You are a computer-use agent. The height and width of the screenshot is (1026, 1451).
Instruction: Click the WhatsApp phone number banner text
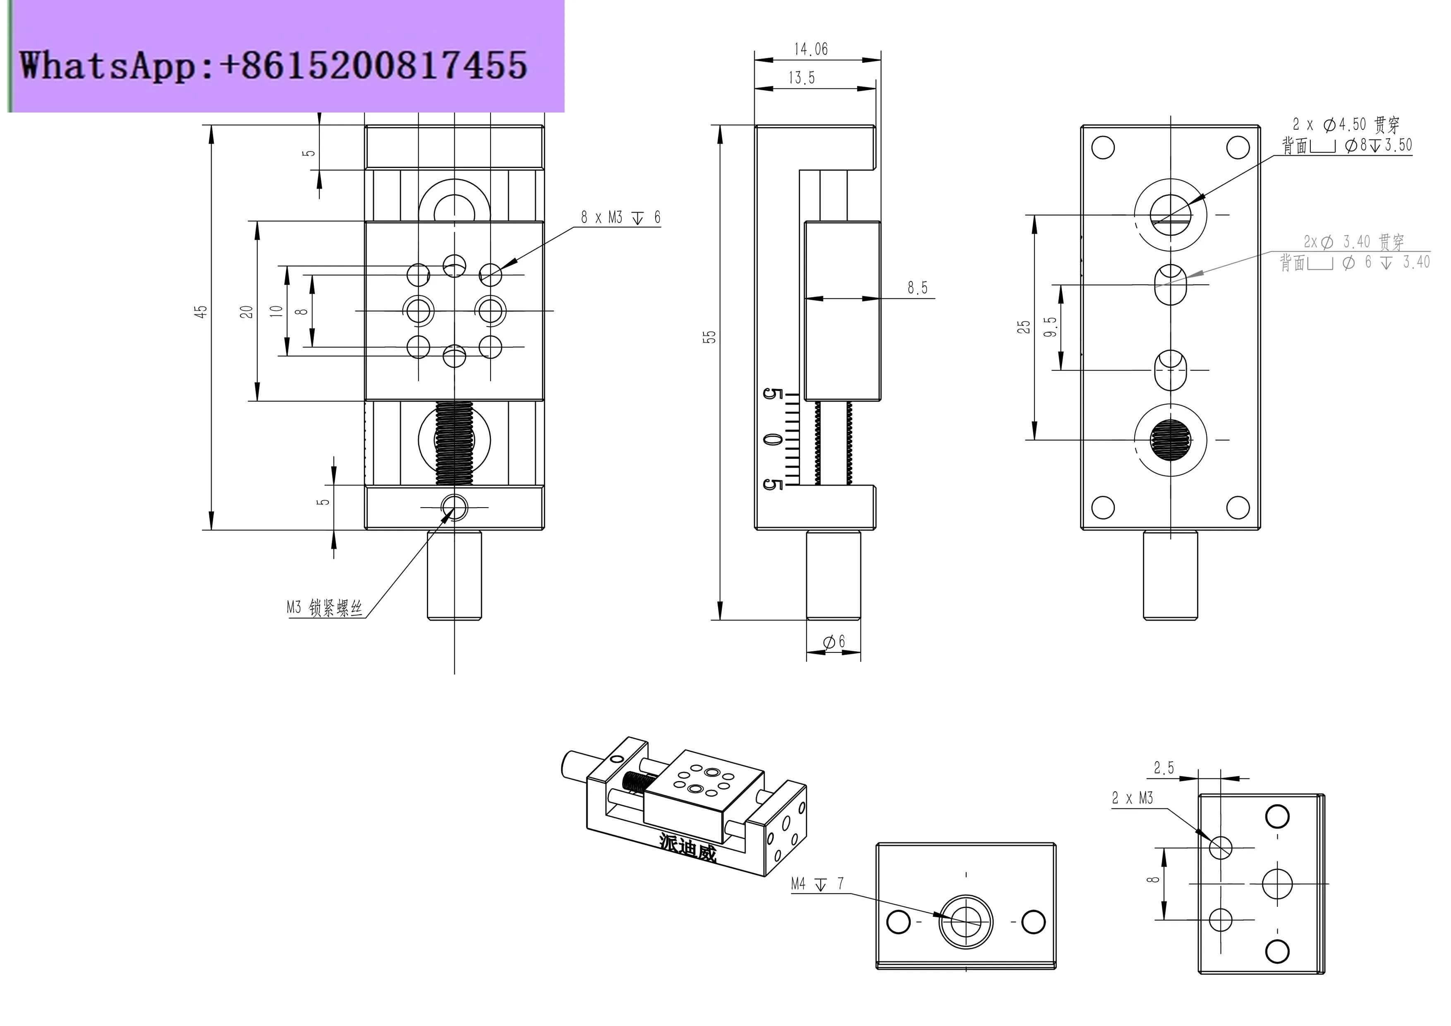click(x=273, y=65)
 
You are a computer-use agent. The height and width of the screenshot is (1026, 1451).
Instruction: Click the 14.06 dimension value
click(x=810, y=49)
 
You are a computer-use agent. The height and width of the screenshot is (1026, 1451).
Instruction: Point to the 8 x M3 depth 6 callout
click(x=620, y=218)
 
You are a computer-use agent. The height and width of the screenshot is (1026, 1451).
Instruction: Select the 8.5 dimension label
click(x=917, y=288)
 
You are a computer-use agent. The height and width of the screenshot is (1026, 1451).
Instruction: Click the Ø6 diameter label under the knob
click(x=833, y=642)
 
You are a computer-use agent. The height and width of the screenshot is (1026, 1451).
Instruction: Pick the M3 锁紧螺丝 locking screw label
click(x=324, y=608)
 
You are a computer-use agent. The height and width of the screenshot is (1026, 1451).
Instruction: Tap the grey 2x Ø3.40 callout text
click(x=1354, y=242)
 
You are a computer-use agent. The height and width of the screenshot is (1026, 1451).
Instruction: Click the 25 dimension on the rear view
click(x=1023, y=327)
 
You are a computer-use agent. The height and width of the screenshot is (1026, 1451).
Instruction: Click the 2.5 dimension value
click(x=1164, y=768)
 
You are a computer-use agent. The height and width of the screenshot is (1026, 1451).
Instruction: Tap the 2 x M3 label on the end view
click(x=1133, y=798)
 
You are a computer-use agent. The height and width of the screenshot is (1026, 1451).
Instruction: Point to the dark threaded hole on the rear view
click(x=1171, y=439)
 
